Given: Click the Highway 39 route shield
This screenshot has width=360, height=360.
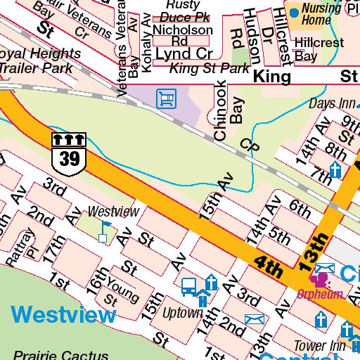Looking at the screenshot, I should [x=70, y=151].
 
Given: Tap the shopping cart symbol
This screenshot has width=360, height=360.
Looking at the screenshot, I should [x=166, y=97].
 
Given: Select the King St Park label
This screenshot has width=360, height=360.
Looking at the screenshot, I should [x=210, y=69].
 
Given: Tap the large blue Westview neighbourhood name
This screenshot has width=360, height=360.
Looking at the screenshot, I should [x=64, y=314].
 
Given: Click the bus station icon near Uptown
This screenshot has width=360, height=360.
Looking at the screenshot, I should [x=189, y=286].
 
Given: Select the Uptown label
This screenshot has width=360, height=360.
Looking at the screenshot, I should [x=182, y=312].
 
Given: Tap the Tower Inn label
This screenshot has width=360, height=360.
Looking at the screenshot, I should [x=319, y=346].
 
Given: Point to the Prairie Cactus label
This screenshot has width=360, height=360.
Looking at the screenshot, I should [x=60, y=355].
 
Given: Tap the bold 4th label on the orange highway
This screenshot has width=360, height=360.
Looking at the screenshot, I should [x=269, y=264].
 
